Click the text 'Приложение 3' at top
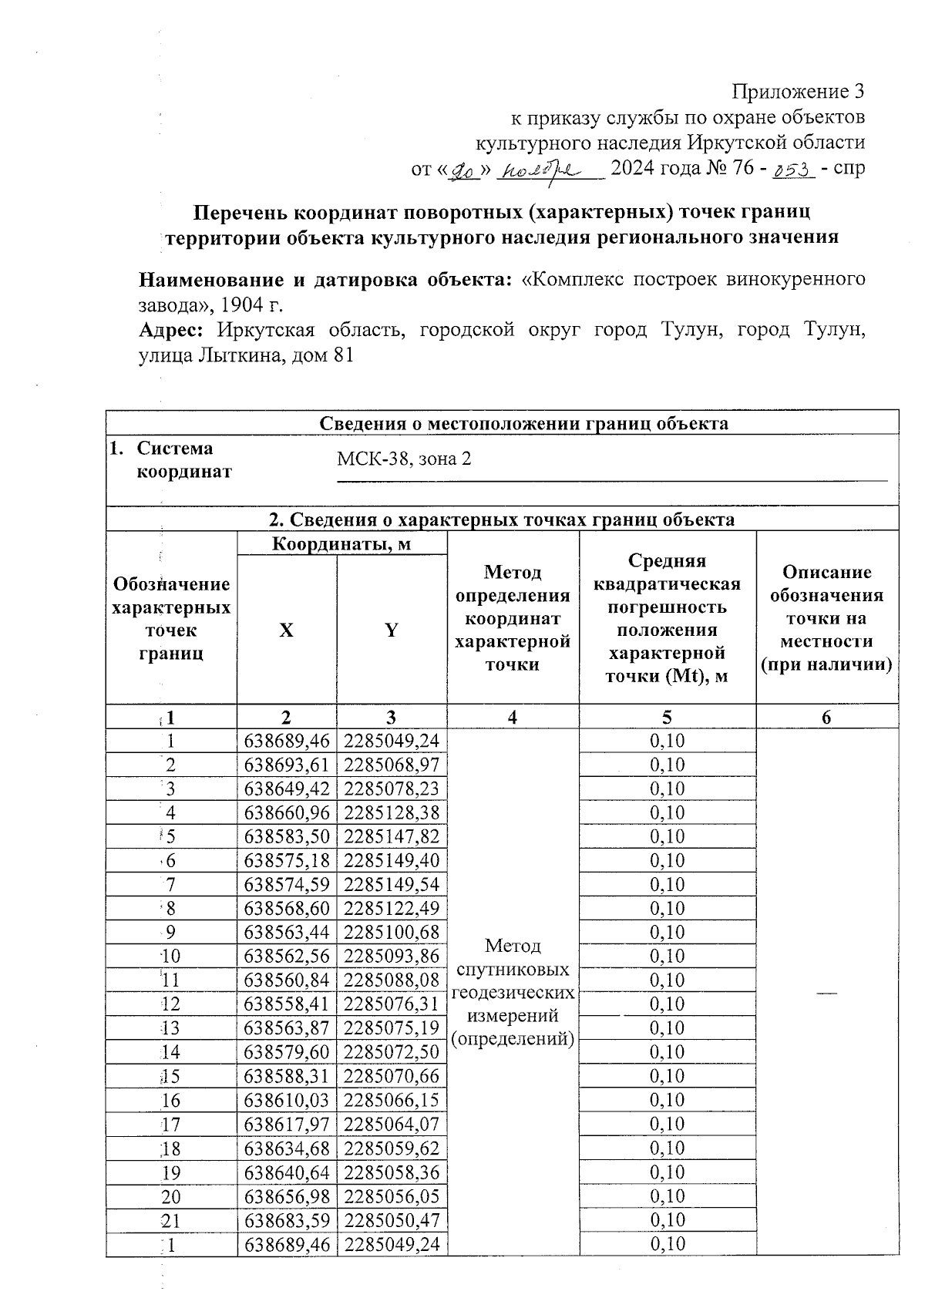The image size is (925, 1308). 798,92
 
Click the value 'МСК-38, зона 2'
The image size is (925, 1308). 404,459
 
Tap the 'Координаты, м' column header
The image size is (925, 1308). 341,544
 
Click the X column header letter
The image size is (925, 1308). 286,630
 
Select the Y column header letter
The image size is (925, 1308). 392,630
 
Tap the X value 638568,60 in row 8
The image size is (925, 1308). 287,908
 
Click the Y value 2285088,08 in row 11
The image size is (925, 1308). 392,980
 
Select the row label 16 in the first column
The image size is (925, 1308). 170,1100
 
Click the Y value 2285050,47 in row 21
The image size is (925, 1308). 392,1220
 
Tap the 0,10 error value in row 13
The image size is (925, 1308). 667,1028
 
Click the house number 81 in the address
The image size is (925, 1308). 343,356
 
